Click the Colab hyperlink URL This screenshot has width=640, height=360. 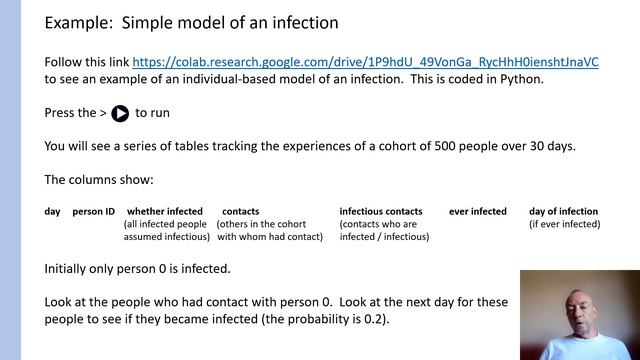coord(366,61)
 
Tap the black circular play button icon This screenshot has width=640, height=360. coord(120,113)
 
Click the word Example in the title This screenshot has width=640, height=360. coord(81,22)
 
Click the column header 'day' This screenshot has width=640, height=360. coord(53,212)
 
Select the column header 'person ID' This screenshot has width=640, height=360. coord(94,212)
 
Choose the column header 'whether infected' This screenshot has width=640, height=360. coord(164,212)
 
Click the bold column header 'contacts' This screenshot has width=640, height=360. coord(240,212)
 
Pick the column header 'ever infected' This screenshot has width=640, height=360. coord(478,212)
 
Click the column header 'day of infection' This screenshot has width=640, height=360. coord(564,212)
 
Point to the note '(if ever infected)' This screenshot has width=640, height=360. coord(564,225)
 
